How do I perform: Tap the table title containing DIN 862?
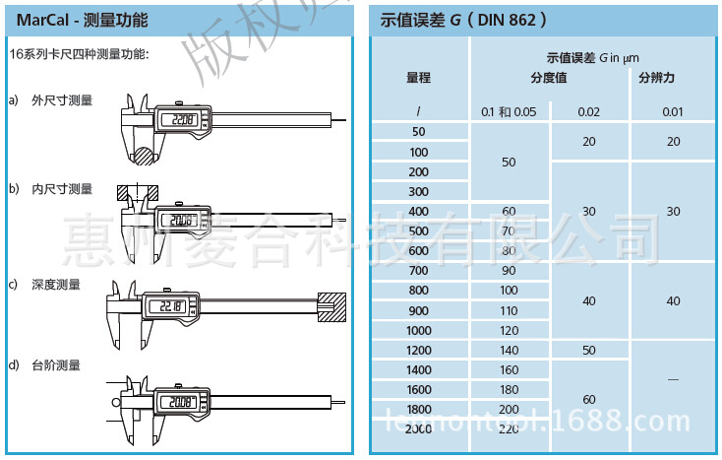(x=463, y=20)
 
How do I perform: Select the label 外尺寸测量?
(x=61, y=100)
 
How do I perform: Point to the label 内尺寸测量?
(x=61, y=189)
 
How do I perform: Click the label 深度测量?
(x=55, y=285)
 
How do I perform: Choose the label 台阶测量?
(x=55, y=364)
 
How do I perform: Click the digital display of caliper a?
(x=179, y=121)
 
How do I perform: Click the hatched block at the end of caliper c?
(x=332, y=307)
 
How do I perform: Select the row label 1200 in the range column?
(x=419, y=351)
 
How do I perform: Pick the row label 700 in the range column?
(x=419, y=270)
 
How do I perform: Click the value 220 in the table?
(x=509, y=429)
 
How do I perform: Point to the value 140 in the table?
(x=509, y=351)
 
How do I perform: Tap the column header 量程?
(x=419, y=78)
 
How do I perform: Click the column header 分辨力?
(x=656, y=78)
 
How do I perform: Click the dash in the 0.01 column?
(x=673, y=378)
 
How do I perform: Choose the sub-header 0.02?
(x=588, y=111)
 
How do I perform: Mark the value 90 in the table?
(x=509, y=270)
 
